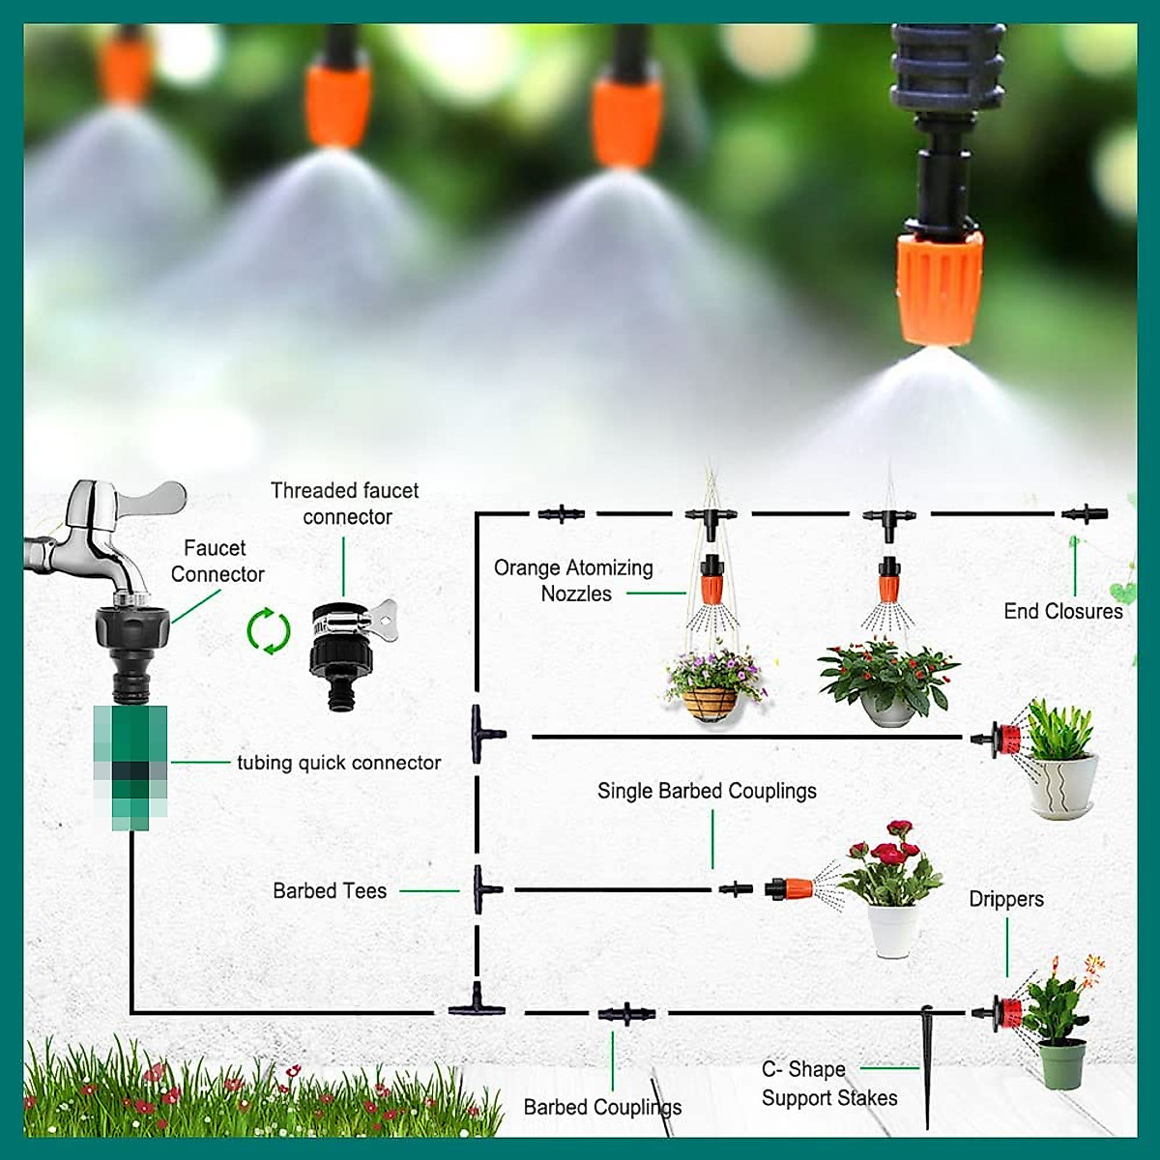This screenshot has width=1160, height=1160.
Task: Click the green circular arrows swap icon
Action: coord(269,631)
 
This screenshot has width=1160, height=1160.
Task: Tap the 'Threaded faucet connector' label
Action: coord(345,504)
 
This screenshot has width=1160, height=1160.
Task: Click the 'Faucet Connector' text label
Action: coord(216,561)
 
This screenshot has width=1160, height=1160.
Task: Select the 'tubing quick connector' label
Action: coord(338,763)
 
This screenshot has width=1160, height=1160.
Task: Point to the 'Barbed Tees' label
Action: coord(330,891)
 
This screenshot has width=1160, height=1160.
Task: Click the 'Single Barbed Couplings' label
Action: coord(707,791)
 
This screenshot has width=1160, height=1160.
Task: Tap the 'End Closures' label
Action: coord(1062,611)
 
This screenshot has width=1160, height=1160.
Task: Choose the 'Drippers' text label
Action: coord(1006,899)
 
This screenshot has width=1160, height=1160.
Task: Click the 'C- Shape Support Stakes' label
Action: coord(828,1084)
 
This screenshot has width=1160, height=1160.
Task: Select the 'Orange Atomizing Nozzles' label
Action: coord(574,581)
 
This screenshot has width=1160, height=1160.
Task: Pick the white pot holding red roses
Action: coord(892,929)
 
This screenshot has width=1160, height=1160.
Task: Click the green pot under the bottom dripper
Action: coord(1061,1063)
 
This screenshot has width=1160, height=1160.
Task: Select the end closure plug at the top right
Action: coord(1084,513)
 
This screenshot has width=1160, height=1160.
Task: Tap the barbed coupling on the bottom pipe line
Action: coord(626,1014)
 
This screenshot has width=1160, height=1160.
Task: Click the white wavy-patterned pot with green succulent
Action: coord(1062,785)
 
